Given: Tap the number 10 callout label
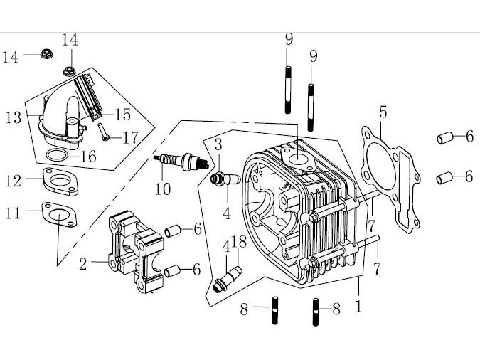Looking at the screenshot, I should pyautogui.click(x=163, y=189).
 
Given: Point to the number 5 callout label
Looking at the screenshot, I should pyautogui.click(x=383, y=112).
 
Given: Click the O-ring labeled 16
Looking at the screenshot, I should pyautogui.click(x=58, y=156).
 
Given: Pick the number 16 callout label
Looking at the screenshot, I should pyautogui.click(x=88, y=156).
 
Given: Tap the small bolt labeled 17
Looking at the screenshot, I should pyautogui.click(x=105, y=132).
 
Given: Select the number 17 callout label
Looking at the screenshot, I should pyautogui.click(x=130, y=137).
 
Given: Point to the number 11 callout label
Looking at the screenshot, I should pyautogui.click(x=14, y=211).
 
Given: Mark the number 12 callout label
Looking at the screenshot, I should pyautogui.click(x=14, y=181).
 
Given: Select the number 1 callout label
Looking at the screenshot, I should pyautogui.click(x=359, y=308).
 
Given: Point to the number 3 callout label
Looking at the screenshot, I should pyautogui.click(x=218, y=144).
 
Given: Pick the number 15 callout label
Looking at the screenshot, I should pyautogui.click(x=123, y=114).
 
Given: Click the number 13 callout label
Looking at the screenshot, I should pyautogui.click(x=14, y=118).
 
